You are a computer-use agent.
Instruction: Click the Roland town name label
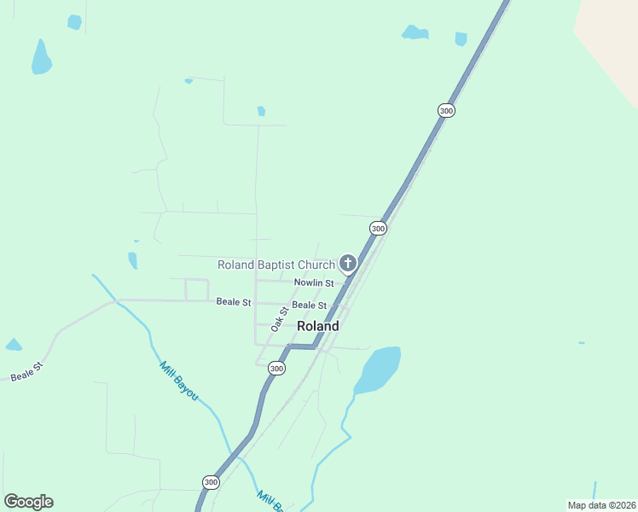click(317, 326)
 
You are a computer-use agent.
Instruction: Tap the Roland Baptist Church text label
click(276, 265)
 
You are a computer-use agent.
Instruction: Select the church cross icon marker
click(347, 264)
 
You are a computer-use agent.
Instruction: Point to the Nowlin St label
click(314, 282)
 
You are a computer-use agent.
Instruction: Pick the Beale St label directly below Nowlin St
click(309, 305)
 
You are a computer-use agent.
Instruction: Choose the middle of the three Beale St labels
click(234, 301)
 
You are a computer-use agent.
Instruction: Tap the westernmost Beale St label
click(26, 372)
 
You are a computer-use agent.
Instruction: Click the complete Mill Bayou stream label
click(178, 381)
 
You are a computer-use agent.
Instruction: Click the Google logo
click(28, 502)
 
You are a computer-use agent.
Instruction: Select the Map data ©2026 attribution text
click(600, 505)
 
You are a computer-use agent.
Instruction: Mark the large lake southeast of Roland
click(378, 369)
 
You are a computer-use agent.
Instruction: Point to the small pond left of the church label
click(132, 259)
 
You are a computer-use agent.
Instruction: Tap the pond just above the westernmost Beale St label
click(13, 345)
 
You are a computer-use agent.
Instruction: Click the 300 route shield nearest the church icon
click(378, 229)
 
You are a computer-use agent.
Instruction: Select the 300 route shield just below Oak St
click(275, 369)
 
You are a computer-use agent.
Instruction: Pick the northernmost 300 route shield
click(446, 111)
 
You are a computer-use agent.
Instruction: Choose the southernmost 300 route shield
click(211, 483)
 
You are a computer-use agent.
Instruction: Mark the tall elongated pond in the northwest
click(41, 57)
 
